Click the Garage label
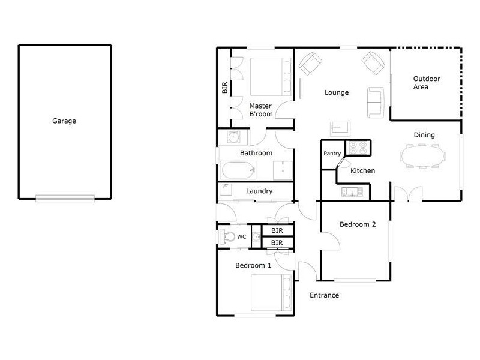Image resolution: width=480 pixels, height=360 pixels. click(64, 121)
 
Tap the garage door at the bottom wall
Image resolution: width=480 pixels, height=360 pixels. click(65, 199)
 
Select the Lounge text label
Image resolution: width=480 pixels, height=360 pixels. click(337, 92)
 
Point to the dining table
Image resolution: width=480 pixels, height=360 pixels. click(423, 157)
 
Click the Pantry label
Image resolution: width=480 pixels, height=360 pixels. click(332, 154)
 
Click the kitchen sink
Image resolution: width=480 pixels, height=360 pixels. click(352, 192)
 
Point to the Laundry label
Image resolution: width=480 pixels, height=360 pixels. click(260, 191)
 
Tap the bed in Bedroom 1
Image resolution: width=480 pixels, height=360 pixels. click(271, 293)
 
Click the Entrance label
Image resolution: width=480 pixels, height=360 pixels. click(325, 295)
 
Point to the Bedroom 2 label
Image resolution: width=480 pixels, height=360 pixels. click(358, 224)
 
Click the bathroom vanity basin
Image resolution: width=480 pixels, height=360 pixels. click(233, 137)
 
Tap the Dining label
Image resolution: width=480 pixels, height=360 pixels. click(424, 135)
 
